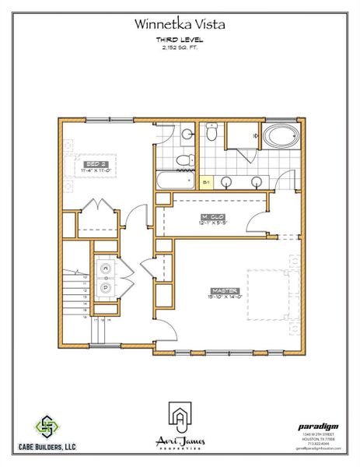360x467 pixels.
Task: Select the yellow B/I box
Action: tap(206, 182)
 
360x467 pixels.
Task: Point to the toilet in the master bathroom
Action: tap(211, 134)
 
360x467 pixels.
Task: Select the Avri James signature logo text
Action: tap(180, 442)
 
